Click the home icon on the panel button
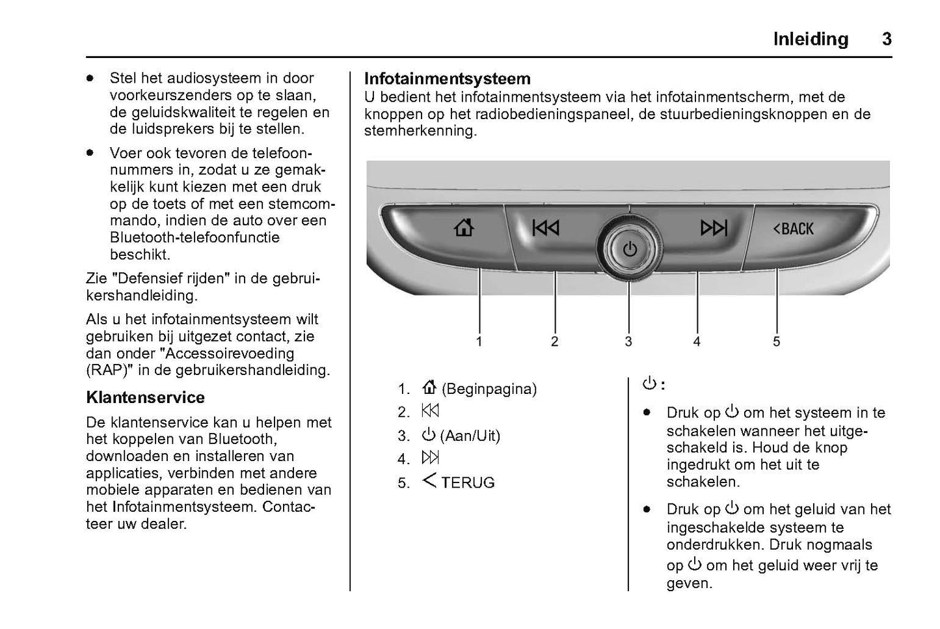[x=464, y=228]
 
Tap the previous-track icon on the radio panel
[x=545, y=228]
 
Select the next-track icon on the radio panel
[x=713, y=228]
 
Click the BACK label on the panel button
[x=794, y=229]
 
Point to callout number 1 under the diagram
[x=479, y=341]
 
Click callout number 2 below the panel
[x=554, y=341]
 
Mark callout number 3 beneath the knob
[x=628, y=341]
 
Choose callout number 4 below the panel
[x=697, y=341]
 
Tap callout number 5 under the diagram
[x=776, y=341]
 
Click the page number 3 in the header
[x=887, y=40]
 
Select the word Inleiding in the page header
[x=811, y=40]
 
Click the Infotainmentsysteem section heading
[x=447, y=79]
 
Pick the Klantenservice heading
[x=145, y=397]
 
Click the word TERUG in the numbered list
[x=468, y=483]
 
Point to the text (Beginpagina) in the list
[x=489, y=389]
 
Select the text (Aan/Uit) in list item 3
[x=470, y=436]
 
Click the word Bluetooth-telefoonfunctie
[x=195, y=238]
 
